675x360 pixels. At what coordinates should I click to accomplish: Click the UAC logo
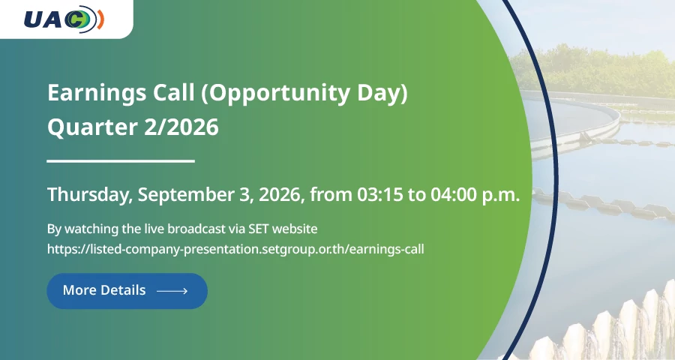click(x=64, y=19)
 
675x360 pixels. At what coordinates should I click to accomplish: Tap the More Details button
click(x=127, y=291)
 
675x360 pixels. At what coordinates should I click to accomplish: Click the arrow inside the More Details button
click(x=172, y=291)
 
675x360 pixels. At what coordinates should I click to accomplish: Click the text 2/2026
click(x=181, y=127)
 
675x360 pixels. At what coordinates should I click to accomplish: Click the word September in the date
click(x=187, y=195)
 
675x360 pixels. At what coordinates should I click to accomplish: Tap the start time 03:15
click(x=380, y=195)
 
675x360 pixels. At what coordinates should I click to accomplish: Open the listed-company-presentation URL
click(x=235, y=249)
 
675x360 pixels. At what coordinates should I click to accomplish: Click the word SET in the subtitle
click(x=258, y=229)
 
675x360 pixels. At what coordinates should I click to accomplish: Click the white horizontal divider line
click(x=121, y=161)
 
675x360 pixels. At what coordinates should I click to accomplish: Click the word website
click(x=295, y=229)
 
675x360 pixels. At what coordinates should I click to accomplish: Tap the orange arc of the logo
click(x=100, y=19)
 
